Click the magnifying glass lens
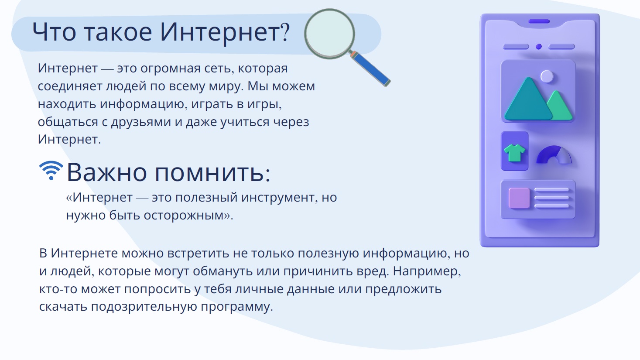pyautogui.click(x=329, y=34)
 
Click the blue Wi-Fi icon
pyautogui.click(x=51, y=171)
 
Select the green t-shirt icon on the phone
pyautogui.click(x=514, y=153)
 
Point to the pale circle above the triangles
pyautogui.click(x=547, y=76)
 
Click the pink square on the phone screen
pyautogui.click(x=519, y=198)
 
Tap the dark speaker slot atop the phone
pyautogui.click(x=539, y=21)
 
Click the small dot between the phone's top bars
pyautogui.click(x=539, y=47)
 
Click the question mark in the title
pyautogui.click(x=285, y=32)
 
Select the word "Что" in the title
pyautogui.click(x=54, y=32)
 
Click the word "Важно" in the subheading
pyautogui.click(x=107, y=172)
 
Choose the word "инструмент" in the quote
pyautogui.click(x=279, y=198)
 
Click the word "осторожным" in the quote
pyautogui.click(x=183, y=216)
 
